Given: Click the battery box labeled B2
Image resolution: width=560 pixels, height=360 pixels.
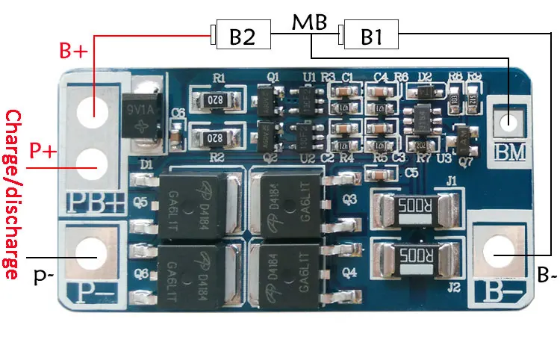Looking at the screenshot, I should coord(243,36).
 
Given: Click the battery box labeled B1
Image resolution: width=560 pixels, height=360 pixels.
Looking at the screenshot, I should coord(371,36).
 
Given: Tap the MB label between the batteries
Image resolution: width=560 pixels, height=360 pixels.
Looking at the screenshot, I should coord(309,22).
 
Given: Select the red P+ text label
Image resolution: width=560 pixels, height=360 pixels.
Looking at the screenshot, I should coord(43,150).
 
